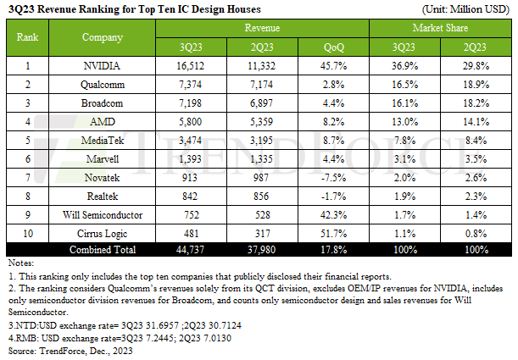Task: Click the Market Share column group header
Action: (x=440, y=28)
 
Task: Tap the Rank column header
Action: (x=28, y=37)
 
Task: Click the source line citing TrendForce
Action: (x=67, y=349)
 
